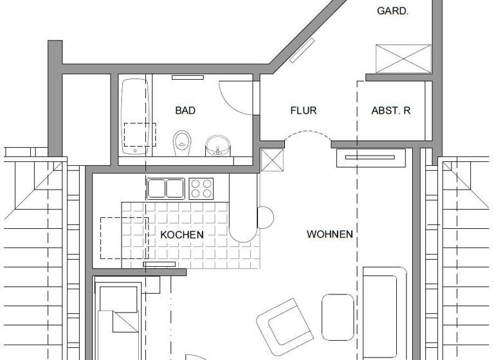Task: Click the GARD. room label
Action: click(x=392, y=11)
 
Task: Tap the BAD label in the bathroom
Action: click(x=185, y=111)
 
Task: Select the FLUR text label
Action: click(x=304, y=111)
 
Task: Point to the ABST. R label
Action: click(x=391, y=111)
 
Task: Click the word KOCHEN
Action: click(x=182, y=235)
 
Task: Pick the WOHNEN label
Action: click(x=330, y=234)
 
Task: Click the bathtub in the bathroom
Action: click(x=134, y=116)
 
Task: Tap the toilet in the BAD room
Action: click(x=182, y=141)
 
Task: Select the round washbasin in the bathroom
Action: click(x=217, y=146)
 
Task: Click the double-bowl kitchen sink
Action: click(x=166, y=188)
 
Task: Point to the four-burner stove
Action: click(x=201, y=188)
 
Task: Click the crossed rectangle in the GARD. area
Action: click(x=403, y=59)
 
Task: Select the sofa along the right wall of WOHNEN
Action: click(x=384, y=312)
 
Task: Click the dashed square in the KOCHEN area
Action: click(x=123, y=238)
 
